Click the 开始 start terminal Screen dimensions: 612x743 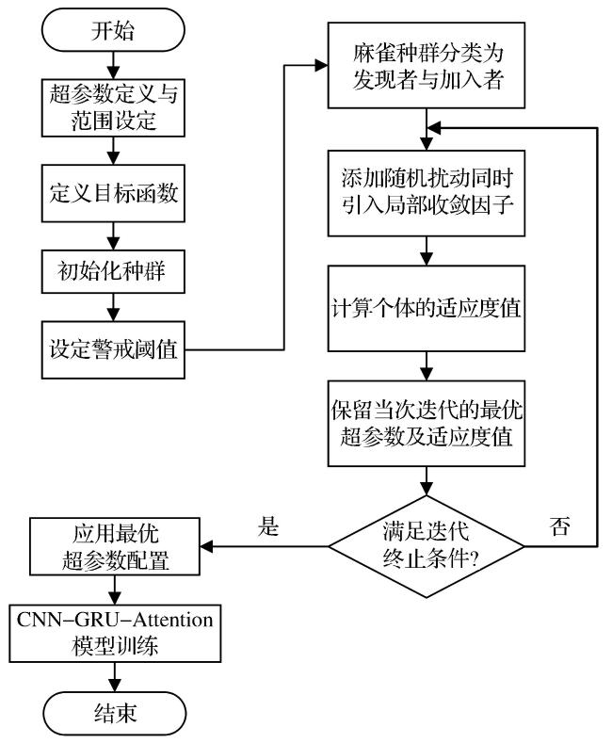pos(113,30)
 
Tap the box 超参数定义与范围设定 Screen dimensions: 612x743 pos(113,108)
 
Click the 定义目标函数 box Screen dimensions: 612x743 pos(113,193)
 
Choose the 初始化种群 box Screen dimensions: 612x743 pos(113,271)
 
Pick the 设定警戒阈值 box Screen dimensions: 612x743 pos(113,349)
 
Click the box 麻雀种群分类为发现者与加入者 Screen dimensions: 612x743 pos(427,65)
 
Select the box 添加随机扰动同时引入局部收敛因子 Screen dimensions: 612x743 pos(427,193)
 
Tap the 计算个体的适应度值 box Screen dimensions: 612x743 pos(427,309)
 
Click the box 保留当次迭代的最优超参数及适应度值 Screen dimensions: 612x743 pos(427,423)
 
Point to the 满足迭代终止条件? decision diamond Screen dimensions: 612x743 pos(427,546)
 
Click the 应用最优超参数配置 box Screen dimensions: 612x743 pos(115,546)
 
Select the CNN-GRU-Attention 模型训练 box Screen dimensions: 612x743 pos(115,633)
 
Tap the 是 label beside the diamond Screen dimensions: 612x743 pos(268,526)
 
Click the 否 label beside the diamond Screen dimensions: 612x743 pos(560,526)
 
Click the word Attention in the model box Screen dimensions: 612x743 pos(172,620)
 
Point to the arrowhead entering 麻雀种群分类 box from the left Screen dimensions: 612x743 pos(322,65)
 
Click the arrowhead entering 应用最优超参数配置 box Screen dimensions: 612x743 pos(206,546)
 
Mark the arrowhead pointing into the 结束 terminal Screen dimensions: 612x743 pos(115,686)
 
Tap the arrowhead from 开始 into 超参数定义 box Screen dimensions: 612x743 pos(113,73)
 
